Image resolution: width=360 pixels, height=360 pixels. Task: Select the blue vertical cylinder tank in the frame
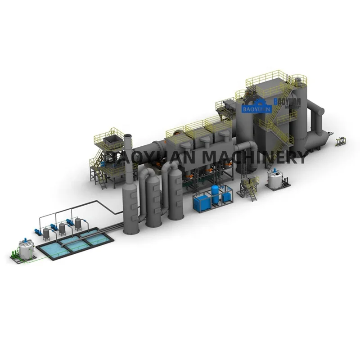coord(216,194)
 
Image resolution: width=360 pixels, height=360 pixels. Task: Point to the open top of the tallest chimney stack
coord(127,136)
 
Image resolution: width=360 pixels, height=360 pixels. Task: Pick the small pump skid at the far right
coord(341,141)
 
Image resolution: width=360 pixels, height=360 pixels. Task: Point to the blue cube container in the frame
coord(201,202)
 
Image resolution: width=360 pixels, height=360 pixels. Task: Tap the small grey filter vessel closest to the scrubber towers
coord(78,222)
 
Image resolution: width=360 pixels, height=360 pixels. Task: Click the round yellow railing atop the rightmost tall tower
coord(298,80)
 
